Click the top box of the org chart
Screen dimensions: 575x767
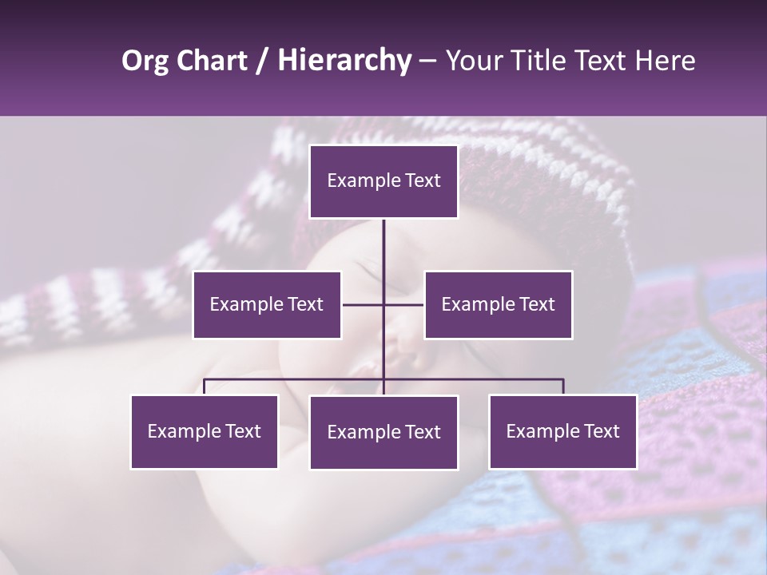[383, 181]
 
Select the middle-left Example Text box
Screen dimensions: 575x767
[267, 304]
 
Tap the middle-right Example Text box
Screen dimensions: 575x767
[498, 304]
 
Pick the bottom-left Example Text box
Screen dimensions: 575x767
[205, 431]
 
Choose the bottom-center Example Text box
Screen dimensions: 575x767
[383, 432]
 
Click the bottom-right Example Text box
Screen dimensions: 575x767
[562, 431]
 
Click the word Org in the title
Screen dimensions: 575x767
[146, 61]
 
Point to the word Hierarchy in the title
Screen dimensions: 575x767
[344, 61]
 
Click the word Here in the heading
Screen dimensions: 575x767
[665, 61]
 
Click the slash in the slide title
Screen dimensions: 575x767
[261, 61]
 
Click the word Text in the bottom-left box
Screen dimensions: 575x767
[243, 431]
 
